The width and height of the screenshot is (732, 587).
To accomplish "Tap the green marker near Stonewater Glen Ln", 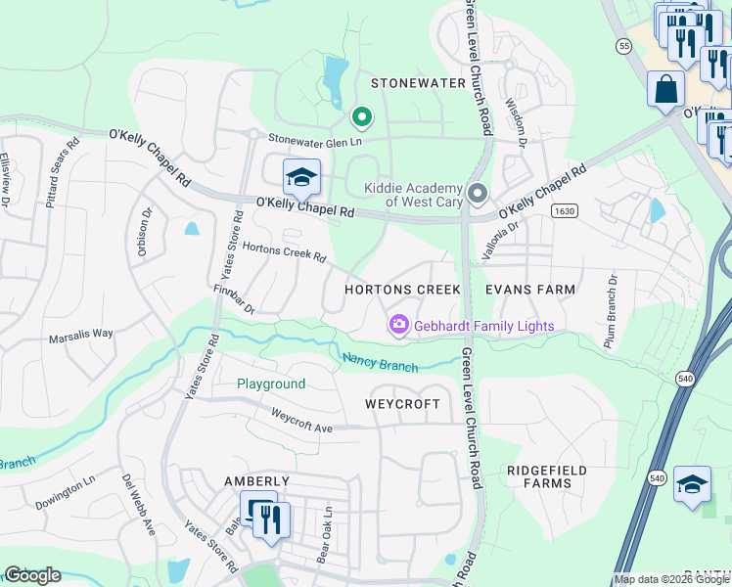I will [x=361, y=118].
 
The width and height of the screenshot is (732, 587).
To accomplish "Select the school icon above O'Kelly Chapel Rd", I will [x=301, y=177].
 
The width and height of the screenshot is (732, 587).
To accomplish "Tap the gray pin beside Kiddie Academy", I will [x=477, y=193].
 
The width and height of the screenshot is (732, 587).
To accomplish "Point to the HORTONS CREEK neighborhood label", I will [x=402, y=291].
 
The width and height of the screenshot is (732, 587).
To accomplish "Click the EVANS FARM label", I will [x=530, y=291].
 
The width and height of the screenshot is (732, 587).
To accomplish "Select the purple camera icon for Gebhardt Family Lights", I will [x=399, y=325].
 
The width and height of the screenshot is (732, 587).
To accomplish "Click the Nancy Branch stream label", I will [x=381, y=362].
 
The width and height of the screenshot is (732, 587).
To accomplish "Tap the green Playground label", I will [x=271, y=384].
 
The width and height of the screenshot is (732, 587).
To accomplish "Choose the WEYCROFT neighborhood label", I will [x=402, y=404].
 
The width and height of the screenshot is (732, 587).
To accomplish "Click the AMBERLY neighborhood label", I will [x=257, y=481].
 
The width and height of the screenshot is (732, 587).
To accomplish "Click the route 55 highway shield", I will [x=623, y=46].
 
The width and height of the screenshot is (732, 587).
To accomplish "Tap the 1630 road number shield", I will [x=563, y=210].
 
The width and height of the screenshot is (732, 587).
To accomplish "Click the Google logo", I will [x=32, y=575].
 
